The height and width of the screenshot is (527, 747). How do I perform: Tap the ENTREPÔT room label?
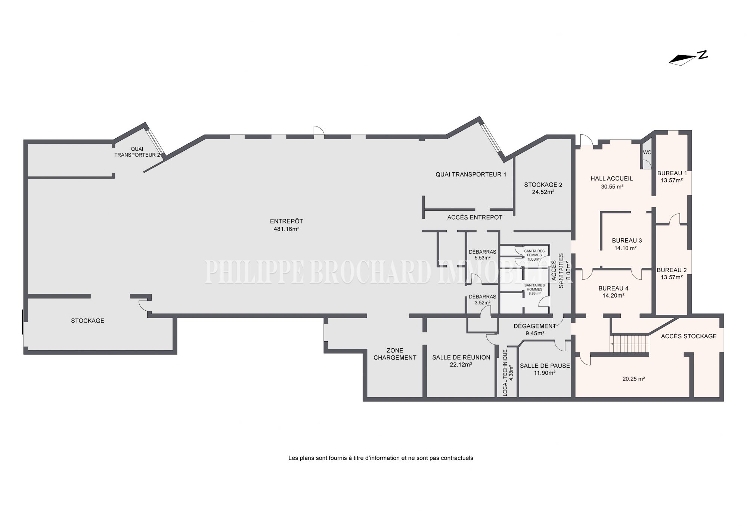(x=286, y=221)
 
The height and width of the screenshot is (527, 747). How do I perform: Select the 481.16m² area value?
(x=286, y=229)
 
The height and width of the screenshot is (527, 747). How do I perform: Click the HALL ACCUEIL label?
(x=612, y=179)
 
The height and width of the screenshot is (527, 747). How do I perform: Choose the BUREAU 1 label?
(x=672, y=173)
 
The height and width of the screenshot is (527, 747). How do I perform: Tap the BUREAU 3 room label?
(x=627, y=241)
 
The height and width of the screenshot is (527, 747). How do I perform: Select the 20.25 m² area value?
(x=634, y=379)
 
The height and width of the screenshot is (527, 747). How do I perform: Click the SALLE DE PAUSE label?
(x=545, y=366)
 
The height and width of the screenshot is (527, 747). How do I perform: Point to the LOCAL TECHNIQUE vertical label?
(x=505, y=373)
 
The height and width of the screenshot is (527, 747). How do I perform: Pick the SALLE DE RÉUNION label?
(x=461, y=357)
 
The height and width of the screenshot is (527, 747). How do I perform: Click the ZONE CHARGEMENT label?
(x=395, y=354)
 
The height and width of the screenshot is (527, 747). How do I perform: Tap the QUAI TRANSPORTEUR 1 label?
(x=471, y=174)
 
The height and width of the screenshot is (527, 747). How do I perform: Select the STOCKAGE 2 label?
(x=543, y=185)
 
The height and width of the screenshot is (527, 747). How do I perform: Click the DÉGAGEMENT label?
(x=535, y=326)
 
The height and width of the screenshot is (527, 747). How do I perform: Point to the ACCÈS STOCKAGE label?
(x=689, y=336)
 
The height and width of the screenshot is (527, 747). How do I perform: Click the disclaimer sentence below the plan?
(x=381, y=458)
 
